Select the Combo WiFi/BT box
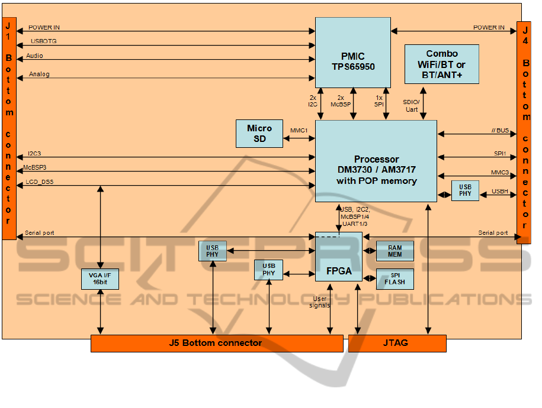coord(441,64)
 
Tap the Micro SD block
coord(259,134)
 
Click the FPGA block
coord(339,271)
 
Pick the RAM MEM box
coord(395,251)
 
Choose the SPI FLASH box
coord(395,279)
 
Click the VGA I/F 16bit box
coord(100,279)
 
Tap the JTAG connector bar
coord(396,343)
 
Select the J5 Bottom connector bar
coord(216,343)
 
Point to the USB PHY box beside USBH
coord(465,190)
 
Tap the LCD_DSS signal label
coord(40,182)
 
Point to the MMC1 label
coord(299,131)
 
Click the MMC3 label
coord(500,172)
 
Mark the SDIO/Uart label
coord(411,106)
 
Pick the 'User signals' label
coord(320,302)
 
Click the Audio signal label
coord(34,56)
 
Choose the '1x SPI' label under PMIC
coord(380,101)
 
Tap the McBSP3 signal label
coord(36,168)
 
